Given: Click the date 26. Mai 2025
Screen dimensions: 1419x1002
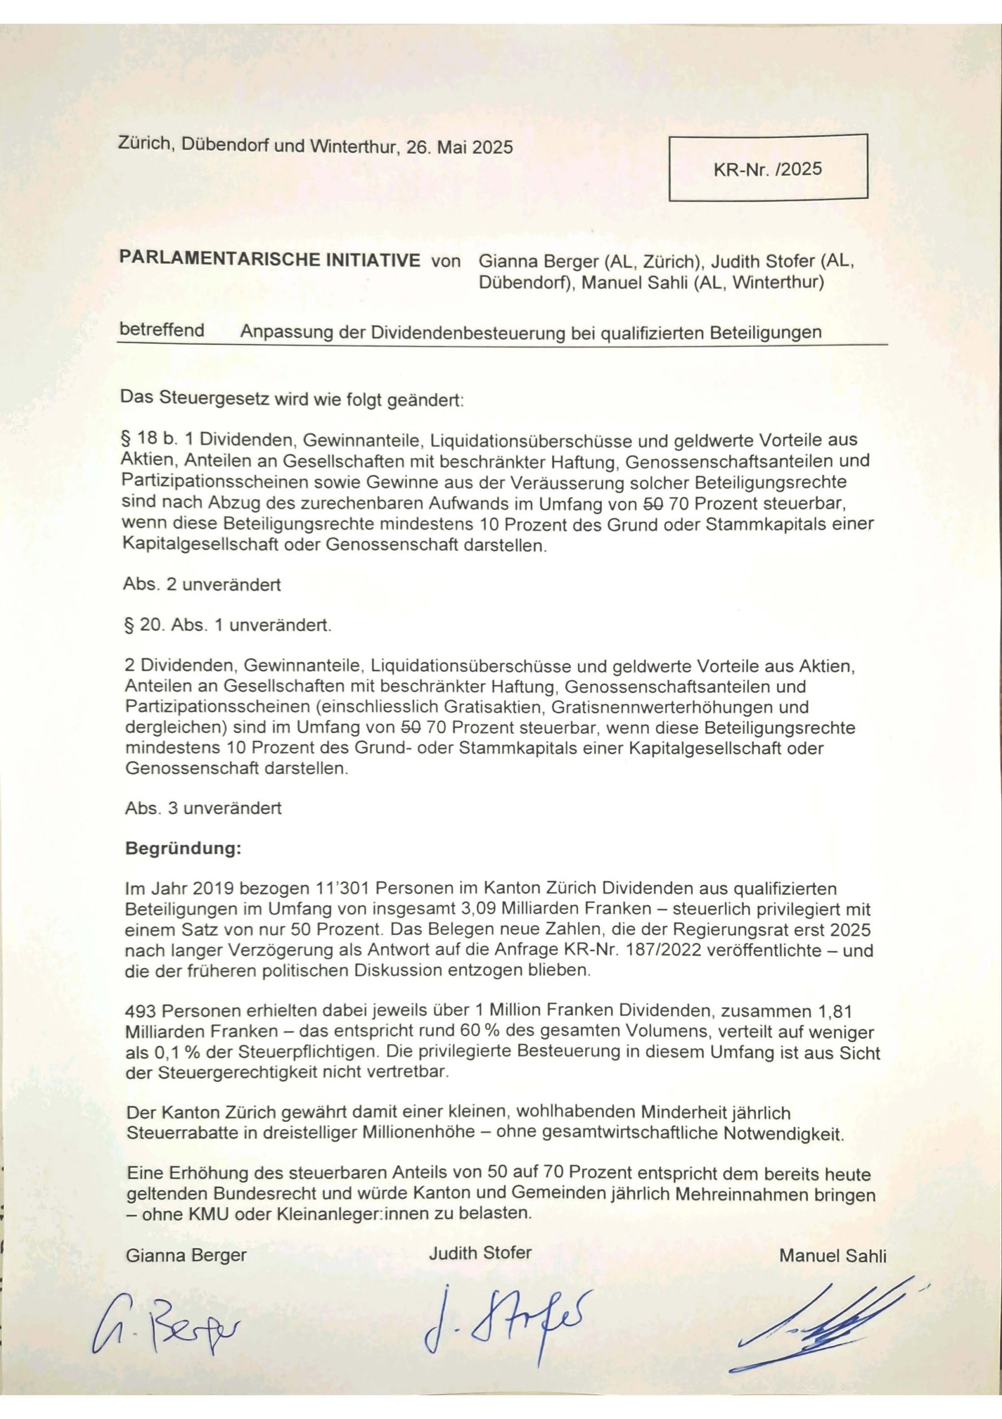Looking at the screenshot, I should pos(459,147).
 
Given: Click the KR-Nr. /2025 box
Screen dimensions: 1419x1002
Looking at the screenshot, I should pos(768,168).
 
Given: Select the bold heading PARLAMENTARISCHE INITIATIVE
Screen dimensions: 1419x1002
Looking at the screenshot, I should pos(269,259).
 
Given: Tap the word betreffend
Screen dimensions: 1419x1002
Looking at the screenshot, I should pos(161,330).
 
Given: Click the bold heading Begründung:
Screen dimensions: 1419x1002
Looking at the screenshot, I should pos(183,849).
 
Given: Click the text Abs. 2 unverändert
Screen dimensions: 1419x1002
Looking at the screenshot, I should pos(203,585).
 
